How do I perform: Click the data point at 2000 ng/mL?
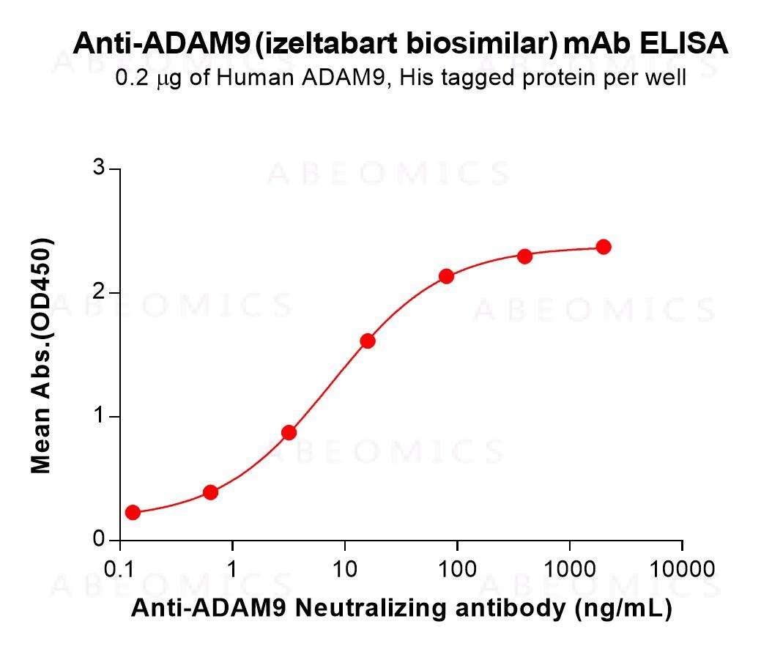pyautogui.click(x=604, y=247)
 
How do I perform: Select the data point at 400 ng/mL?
pyautogui.click(x=524, y=256)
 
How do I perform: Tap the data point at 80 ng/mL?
pyautogui.click(x=446, y=276)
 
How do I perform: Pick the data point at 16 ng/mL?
pyautogui.click(x=368, y=341)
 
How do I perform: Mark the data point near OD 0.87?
pyautogui.click(x=289, y=432)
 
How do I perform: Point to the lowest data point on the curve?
pyautogui.click(x=133, y=512)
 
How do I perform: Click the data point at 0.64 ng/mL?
pyautogui.click(x=210, y=492)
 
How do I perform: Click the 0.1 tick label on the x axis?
pyautogui.click(x=119, y=569)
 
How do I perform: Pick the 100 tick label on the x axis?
pyautogui.click(x=457, y=569)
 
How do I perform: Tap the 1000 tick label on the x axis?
pyautogui.click(x=570, y=569)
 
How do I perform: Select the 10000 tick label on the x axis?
pyautogui.click(x=683, y=569)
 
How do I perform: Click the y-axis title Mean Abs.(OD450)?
pyautogui.click(x=42, y=355)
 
